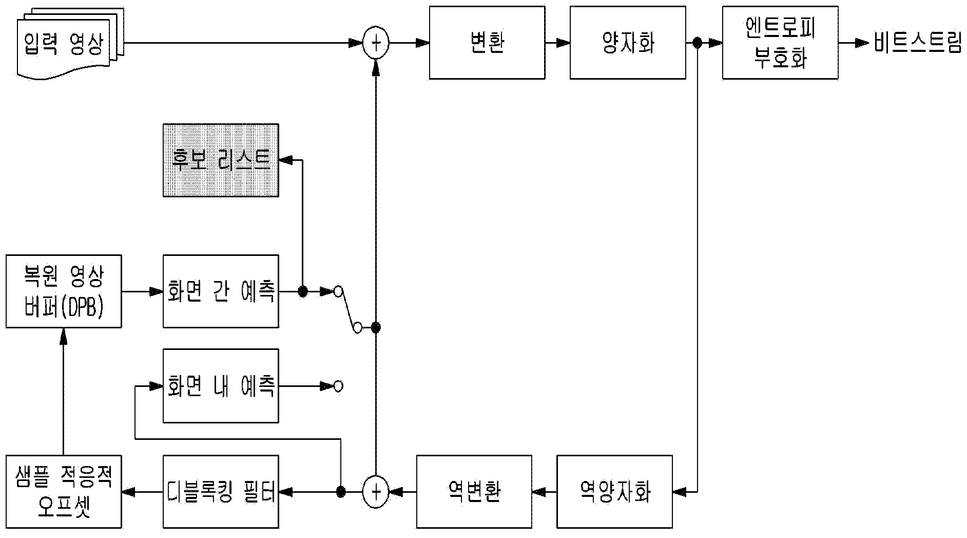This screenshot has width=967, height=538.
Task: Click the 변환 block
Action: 487,43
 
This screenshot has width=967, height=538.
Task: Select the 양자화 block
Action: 628,43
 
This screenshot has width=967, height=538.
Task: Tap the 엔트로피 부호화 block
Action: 780,43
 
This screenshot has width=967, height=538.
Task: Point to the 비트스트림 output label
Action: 917,43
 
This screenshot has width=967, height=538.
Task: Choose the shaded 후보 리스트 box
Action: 221,160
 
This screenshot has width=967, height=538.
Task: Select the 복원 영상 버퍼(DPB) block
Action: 64,291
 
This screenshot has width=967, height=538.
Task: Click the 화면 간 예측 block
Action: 221,291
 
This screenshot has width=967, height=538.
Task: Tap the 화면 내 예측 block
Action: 221,386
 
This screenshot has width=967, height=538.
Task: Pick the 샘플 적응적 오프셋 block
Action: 64,492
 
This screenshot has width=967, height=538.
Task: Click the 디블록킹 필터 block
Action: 221,492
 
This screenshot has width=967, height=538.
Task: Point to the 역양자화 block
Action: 614,492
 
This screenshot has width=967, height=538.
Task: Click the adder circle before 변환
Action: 376,43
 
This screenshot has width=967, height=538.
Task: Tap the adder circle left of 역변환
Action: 376,492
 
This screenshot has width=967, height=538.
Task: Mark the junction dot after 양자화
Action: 697,43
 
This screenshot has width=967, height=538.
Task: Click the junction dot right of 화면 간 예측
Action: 303,292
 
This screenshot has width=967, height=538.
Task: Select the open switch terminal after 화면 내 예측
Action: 338,386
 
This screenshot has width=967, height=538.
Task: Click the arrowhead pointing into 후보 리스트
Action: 285,160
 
